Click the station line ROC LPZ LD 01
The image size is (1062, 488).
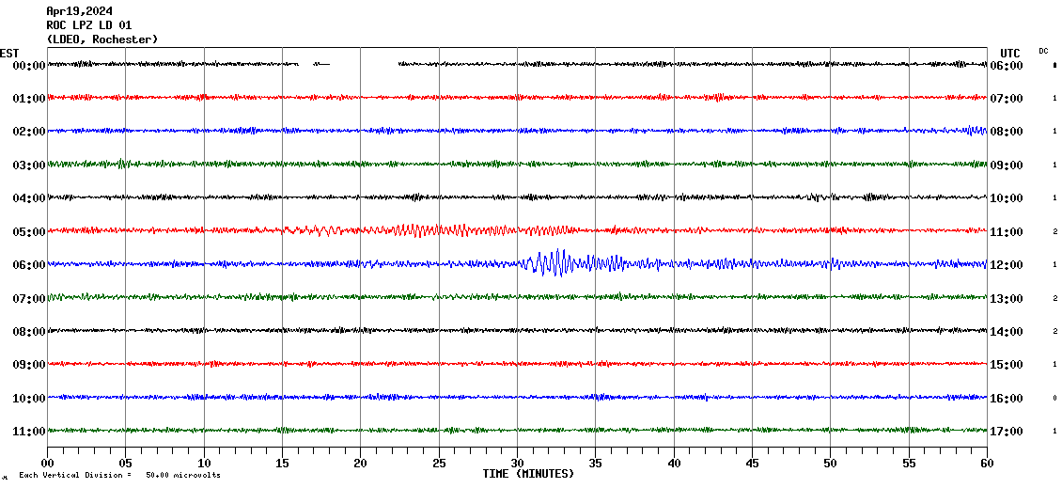[89, 25]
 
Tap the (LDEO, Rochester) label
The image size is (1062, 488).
[102, 39]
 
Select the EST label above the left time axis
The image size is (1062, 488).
[9, 53]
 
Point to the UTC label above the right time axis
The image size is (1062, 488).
[1010, 53]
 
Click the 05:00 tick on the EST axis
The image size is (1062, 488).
[29, 231]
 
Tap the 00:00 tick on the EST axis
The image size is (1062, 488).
[29, 65]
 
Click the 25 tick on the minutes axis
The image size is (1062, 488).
[439, 463]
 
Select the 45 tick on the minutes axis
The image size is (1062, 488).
[752, 463]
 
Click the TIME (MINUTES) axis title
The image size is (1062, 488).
[528, 474]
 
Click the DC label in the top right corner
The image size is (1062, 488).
[1043, 51]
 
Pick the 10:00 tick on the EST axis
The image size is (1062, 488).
[29, 398]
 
